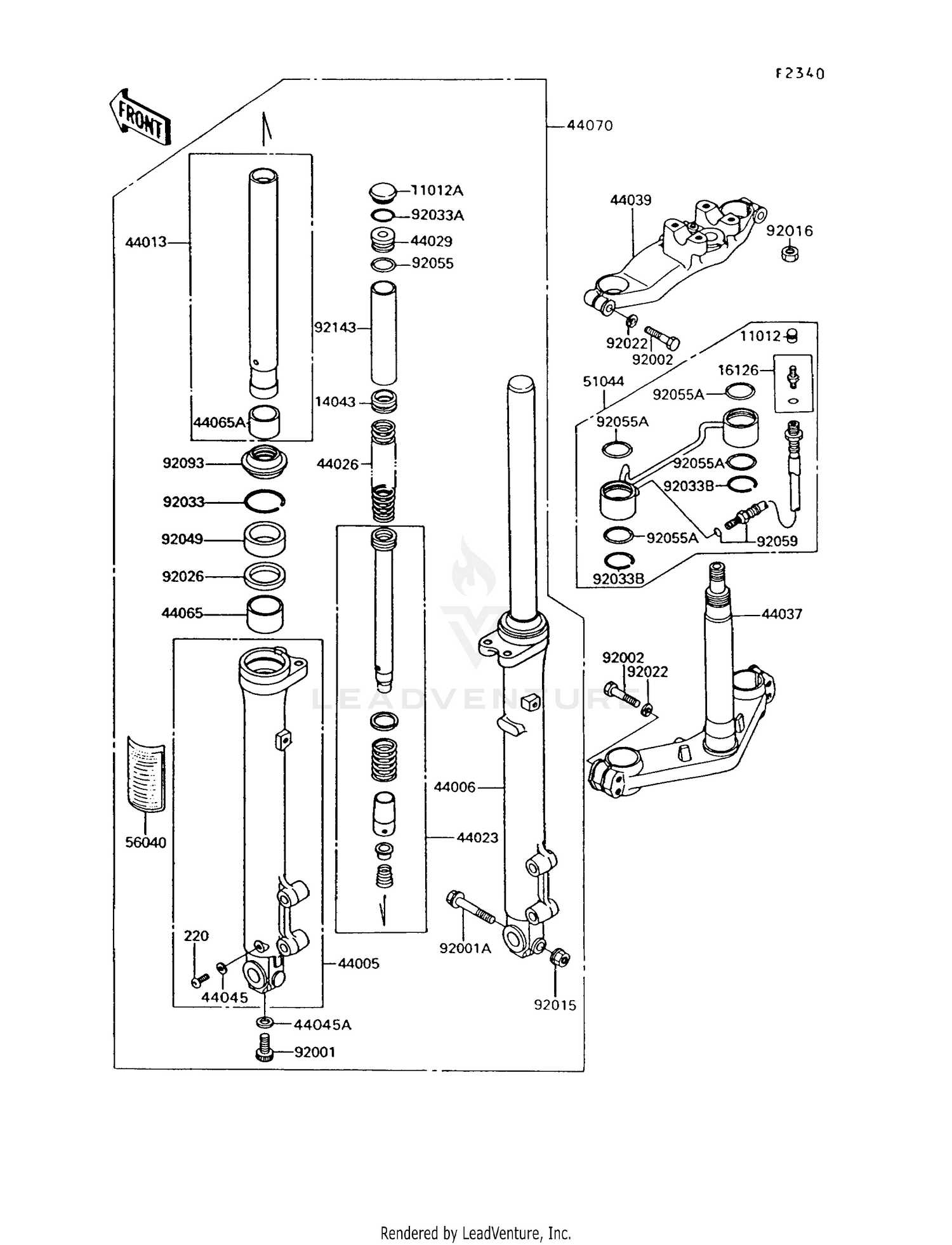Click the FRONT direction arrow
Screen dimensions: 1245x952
point(140,118)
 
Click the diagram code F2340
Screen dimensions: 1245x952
point(800,74)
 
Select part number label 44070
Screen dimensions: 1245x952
point(590,126)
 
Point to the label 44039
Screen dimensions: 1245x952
point(630,201)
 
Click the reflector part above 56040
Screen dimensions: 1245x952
point(146,774)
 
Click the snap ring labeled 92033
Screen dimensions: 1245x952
point(265,502)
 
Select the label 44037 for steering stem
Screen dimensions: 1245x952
point(782,614)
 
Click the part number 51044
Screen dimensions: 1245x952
point(604,381)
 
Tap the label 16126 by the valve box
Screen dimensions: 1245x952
point(738,370)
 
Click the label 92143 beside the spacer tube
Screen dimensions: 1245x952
point(335,327)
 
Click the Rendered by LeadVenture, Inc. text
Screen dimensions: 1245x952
point(475,1233)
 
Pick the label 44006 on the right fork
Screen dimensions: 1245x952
point(454,787)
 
